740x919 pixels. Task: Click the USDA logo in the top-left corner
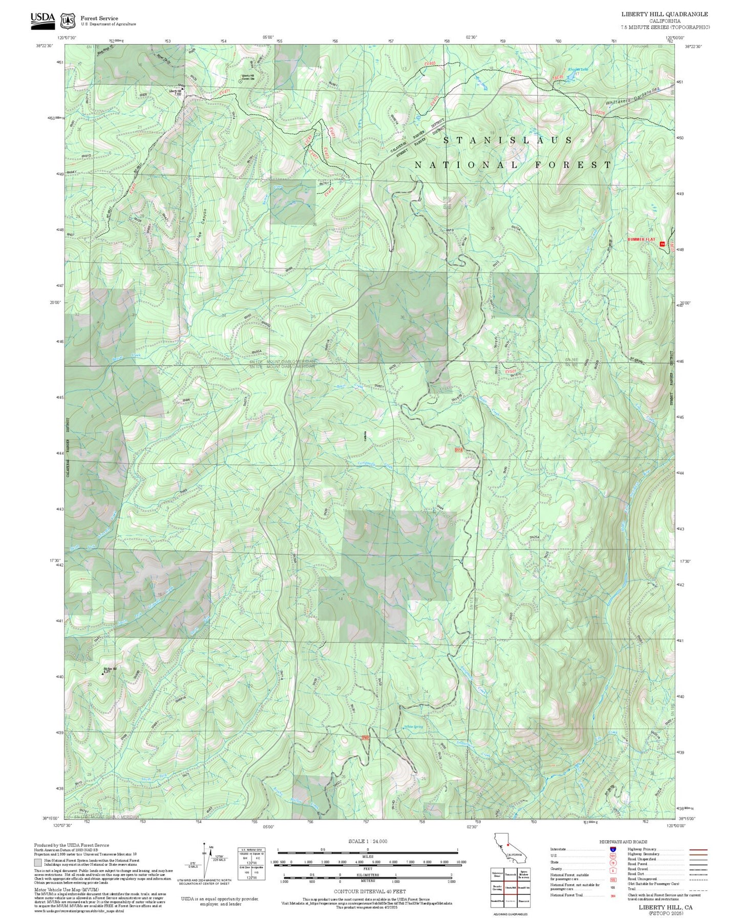click(x=42, y=18)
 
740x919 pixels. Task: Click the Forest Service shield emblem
click(x=67, y=20)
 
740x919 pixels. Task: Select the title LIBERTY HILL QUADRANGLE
click(x=664, y=14)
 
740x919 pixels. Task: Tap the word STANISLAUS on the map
click(x=508, y=140)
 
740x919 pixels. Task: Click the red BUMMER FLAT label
click(x=641, y=240)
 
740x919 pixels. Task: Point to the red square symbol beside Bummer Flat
click(x=662, y=244)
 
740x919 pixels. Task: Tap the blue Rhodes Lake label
click(x=578, y=70)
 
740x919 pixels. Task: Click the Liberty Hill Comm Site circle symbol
click(x=241, y=81)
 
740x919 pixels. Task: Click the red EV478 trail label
click(x=329, y=193)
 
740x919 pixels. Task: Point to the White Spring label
click(x=413, y=727)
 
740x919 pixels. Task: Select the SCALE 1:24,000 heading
click(x=367, y=842)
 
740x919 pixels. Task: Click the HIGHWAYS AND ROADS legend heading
click(x=623, y=842)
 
